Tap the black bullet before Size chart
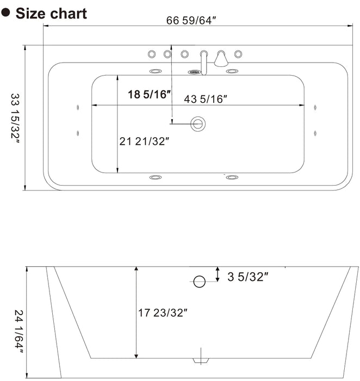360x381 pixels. tap(6, 13)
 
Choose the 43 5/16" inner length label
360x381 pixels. tap(205, 99)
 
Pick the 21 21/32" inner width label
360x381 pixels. tap(145, 142)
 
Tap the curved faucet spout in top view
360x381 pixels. tap(203, 61)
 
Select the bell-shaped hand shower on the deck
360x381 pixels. tap(221, 58)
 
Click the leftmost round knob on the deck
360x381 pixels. tap(151, 53)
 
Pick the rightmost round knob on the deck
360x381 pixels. tap(238, 53)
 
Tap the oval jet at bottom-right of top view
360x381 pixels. tap(232, 177)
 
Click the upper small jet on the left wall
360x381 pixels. tap(79, 108)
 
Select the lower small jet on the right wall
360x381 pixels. tap(315, 132)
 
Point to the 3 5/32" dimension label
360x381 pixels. tap(249, 277)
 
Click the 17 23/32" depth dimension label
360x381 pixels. tap(163, 312)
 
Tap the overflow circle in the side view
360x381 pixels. tap(200, 281)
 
